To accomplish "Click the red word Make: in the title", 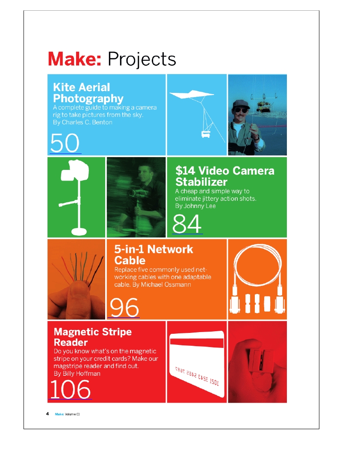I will coord(74,59).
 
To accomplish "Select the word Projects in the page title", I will coord(142,59).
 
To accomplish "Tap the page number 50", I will coord(65,143).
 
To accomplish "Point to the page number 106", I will coord(71,390).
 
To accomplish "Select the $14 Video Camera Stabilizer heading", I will coord(225,176).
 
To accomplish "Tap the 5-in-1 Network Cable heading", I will coord(153,255).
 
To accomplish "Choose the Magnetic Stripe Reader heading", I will coord(92,337).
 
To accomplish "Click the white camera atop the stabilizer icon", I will coord(75,171).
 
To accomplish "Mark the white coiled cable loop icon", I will coord(257,266).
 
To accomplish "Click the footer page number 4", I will coord(47,414).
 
